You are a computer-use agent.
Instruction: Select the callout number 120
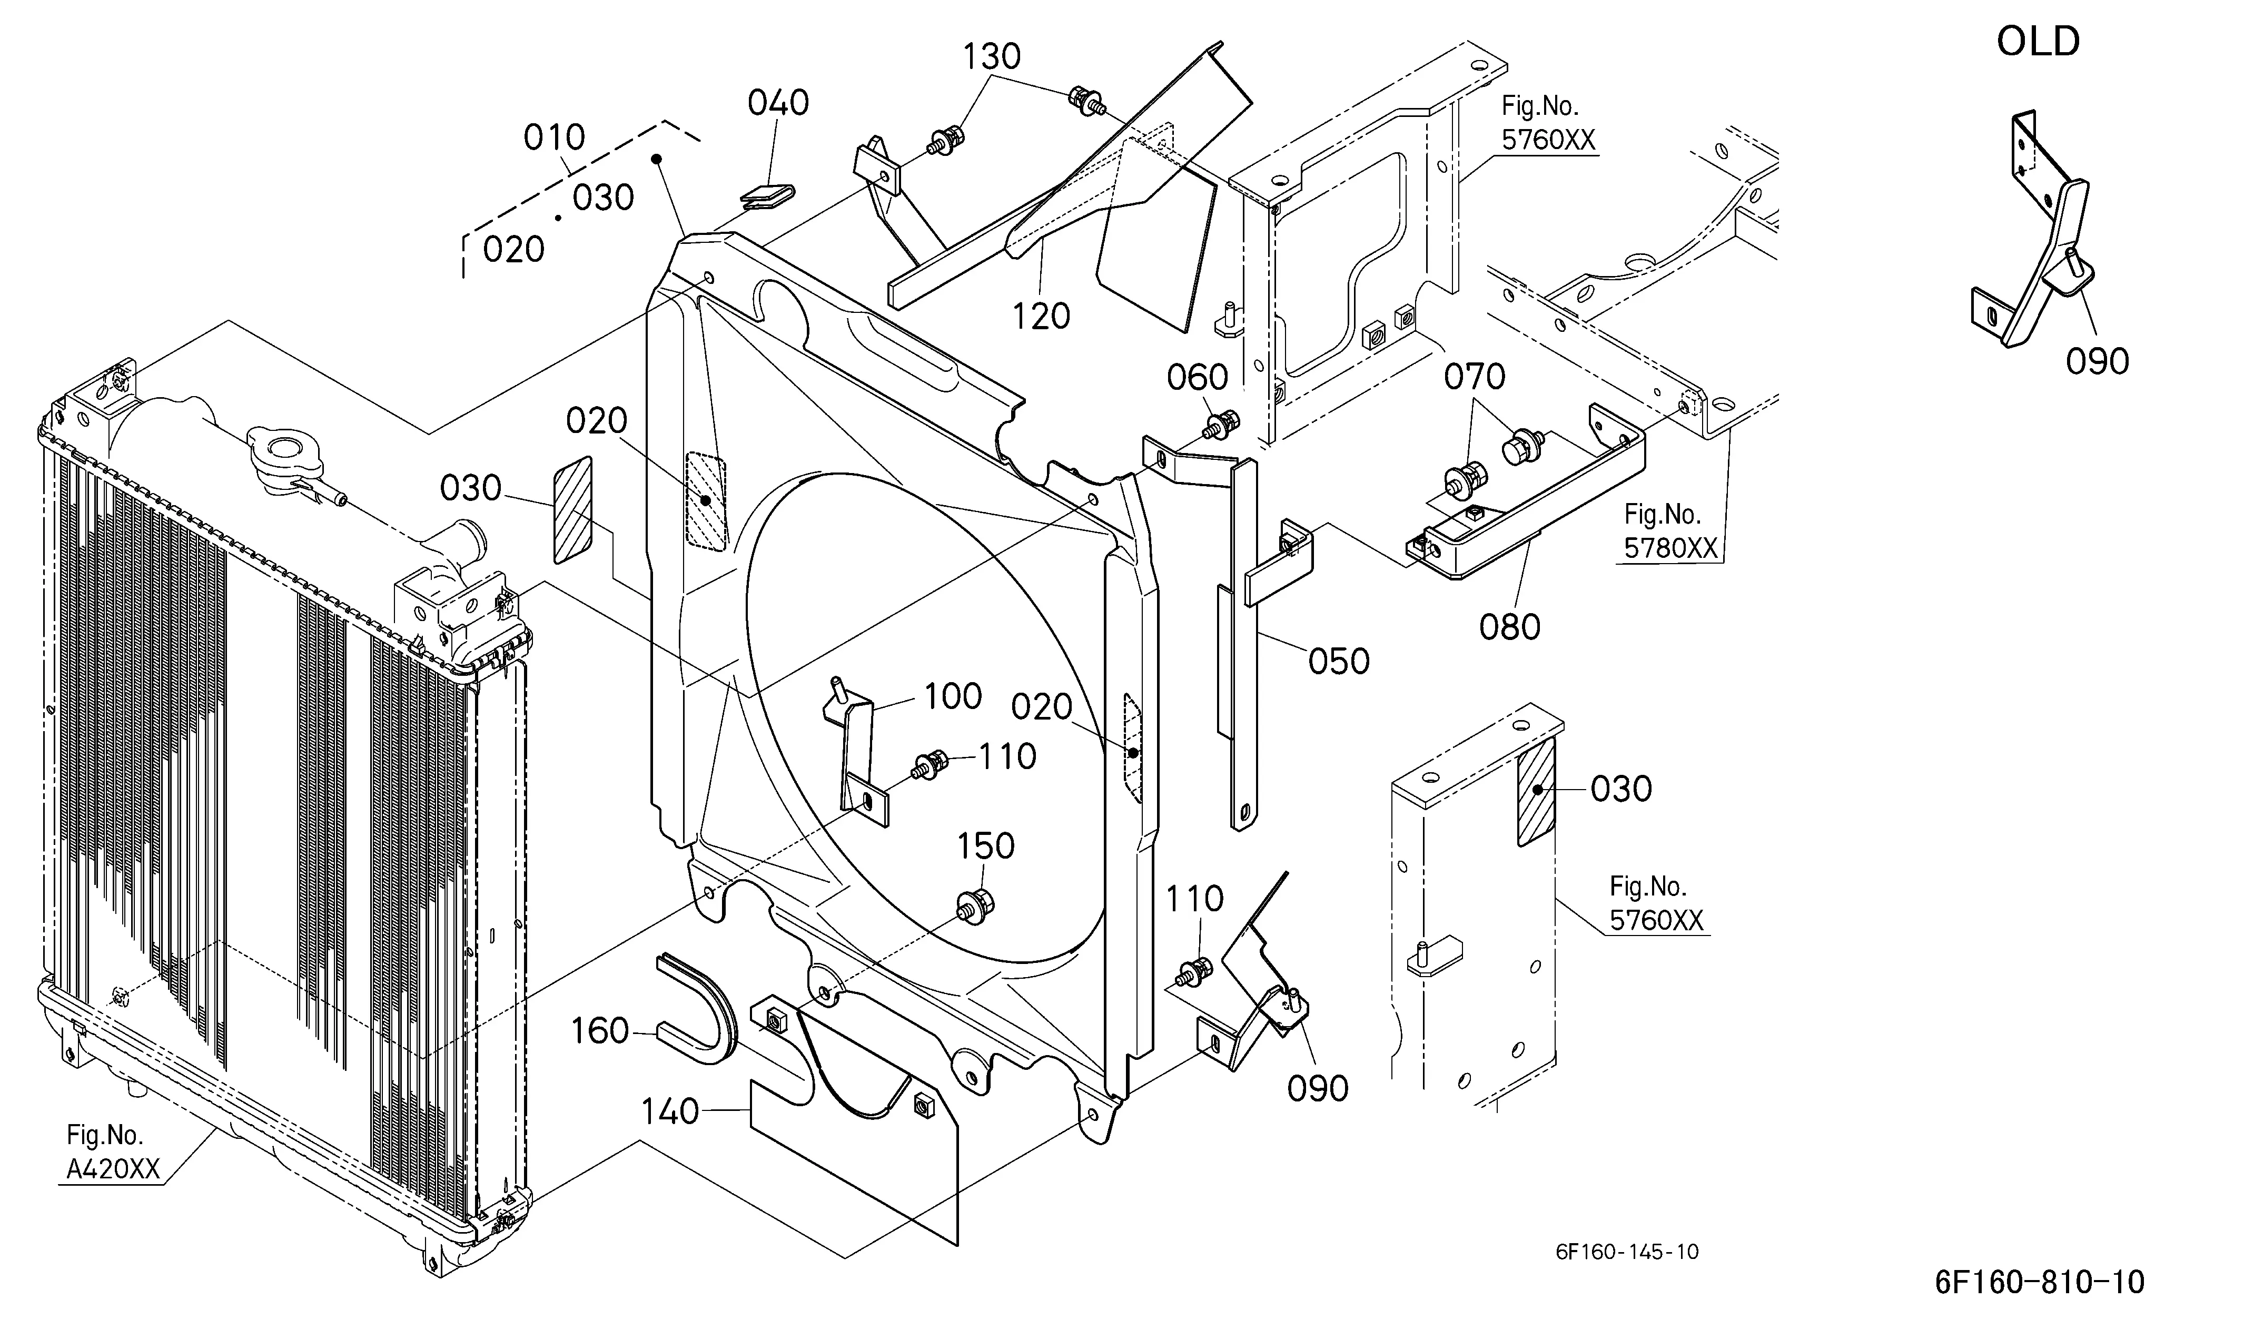pos(1041,316)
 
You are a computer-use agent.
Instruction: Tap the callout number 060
pos(1198,377)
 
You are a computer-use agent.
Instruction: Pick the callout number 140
pos(669,1113)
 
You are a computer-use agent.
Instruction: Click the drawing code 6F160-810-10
pos(2039,1281)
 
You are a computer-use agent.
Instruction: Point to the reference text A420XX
pos(113,1168)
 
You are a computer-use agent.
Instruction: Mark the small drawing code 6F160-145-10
pos(1627,1252)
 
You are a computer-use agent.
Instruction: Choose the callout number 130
pos(992,56)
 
